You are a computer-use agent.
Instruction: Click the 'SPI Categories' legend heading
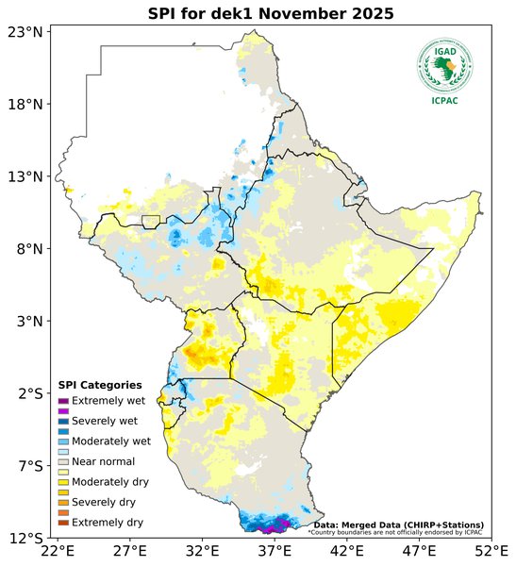click(x=100, y=385)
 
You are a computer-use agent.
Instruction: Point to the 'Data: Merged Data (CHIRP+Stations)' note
click(x=399, y=524)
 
